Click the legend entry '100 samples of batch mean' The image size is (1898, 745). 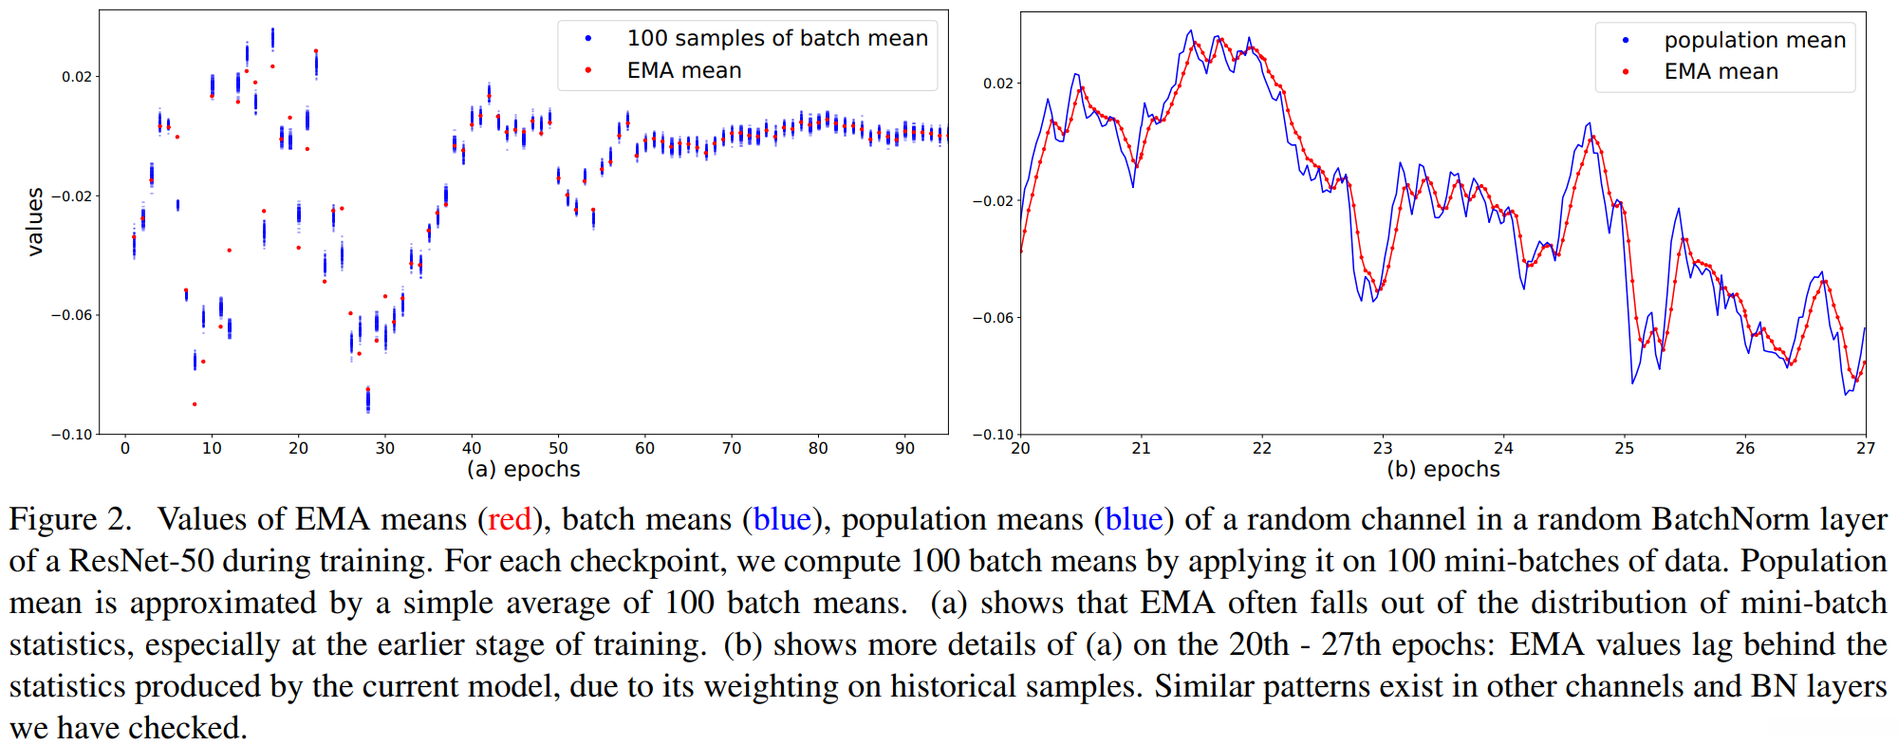pos(776,38)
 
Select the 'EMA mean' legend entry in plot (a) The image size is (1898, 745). pos(683,70)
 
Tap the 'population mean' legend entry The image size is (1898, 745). pos(1754,40)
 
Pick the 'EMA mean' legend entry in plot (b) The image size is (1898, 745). pos(1721,71)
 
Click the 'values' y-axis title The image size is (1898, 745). pos(35,222)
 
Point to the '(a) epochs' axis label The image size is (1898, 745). pos(523,469)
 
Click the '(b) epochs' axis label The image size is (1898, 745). pos(1442,469)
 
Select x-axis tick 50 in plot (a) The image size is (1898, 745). pos(558,448)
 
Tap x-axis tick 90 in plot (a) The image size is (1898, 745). pos(904,448)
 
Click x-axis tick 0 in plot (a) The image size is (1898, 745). pos(125,448)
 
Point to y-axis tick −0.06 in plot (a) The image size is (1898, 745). pos(72,315)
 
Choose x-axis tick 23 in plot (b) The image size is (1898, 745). pos(1383,448)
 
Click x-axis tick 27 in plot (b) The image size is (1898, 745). pos(1865,448)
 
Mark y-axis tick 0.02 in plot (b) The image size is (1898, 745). pos(998,84)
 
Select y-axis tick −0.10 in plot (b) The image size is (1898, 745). pos(994,435)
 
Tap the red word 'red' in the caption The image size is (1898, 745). pos(510,520)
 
